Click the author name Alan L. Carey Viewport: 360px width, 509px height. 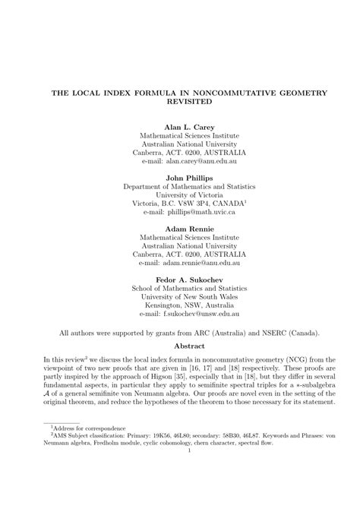(189, 126)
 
